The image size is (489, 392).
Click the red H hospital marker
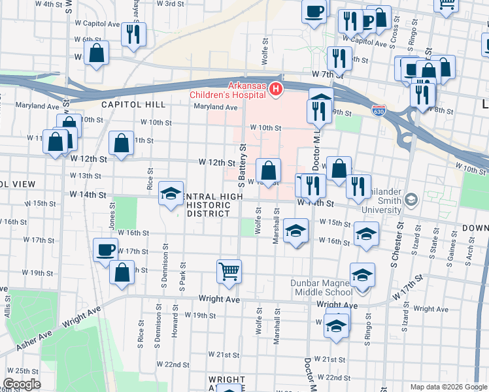pyautogui.click(x=277, y=89)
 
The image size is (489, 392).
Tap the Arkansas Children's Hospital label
pyautogui.click(x=246, y=90)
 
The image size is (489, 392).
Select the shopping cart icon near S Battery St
pyautogui.click(x=229, y=270)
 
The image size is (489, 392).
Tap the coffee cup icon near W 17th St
pyautogui.click(x=106, y=250)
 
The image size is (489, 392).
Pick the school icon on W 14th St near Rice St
pyautogui.click(x=171, y=194)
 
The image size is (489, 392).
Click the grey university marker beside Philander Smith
pyautogui.click(x=411, y=198)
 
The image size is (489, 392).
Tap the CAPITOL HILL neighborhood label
pyautogui.click(x=124, y=105)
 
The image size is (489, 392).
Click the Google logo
pyautogui.click(x=22, y=384)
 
